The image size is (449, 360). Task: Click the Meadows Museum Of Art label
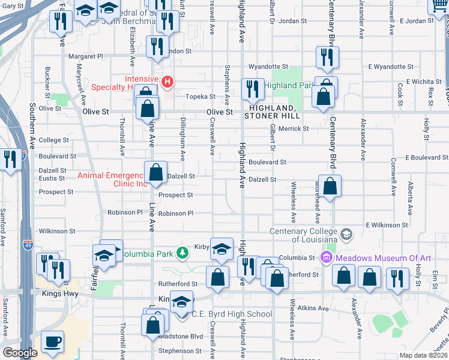383,258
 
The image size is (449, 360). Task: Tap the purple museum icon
327,257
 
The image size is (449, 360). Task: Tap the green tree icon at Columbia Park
182,253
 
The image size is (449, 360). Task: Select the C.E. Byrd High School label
231,314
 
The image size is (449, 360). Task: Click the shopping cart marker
439,6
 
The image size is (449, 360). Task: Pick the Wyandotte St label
268,67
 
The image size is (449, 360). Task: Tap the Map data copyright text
423,355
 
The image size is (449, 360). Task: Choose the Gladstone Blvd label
180,336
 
